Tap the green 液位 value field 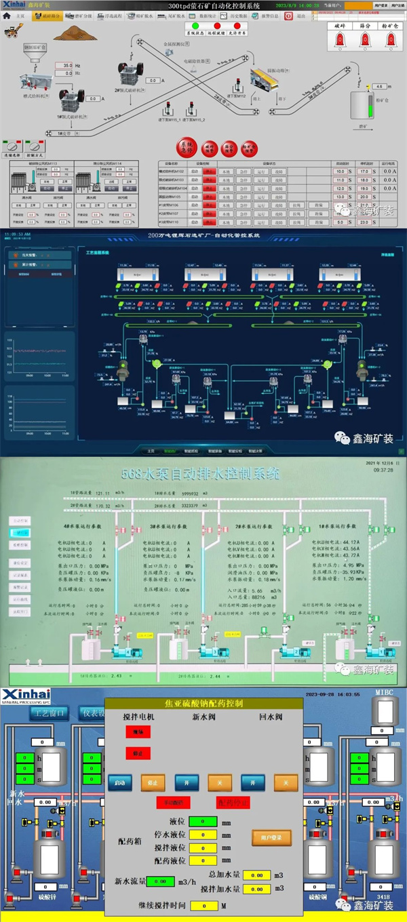[x=203, y=822]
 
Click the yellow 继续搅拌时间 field [x=203, y=906]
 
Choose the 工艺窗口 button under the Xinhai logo [x=49, y=713]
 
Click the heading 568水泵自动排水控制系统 [x=200, y=474]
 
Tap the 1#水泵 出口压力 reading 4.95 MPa [x=356, y=564]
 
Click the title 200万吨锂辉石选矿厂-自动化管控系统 [x=203, y=235]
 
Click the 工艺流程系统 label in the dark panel [x=98, y=252]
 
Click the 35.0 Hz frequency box [x=68, y=66]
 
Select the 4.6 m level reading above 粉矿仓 [x=379, y=87]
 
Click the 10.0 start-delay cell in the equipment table [x=339, y=172]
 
